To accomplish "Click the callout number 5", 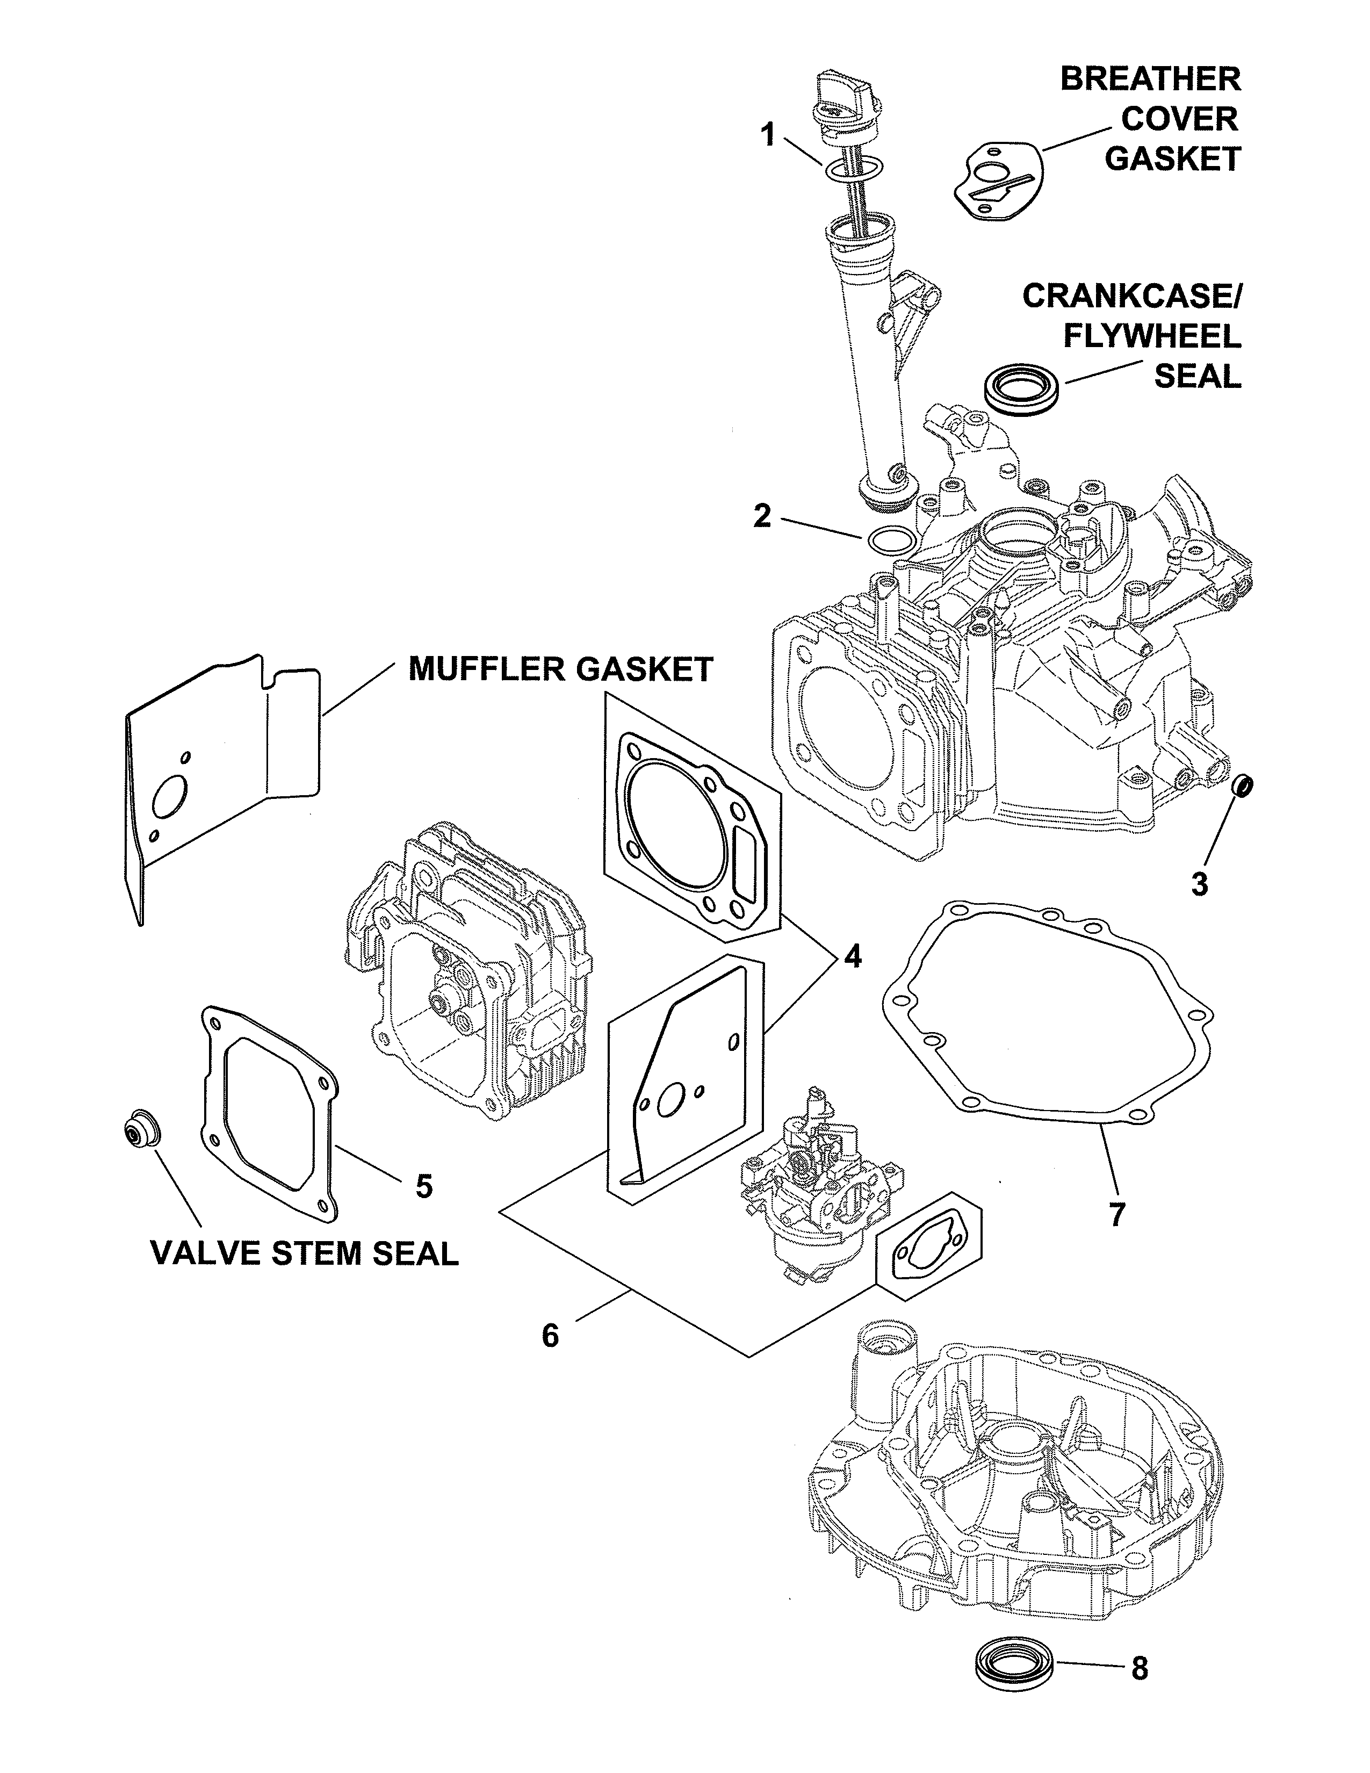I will (424, 1187).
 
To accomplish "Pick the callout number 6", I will (550, 1336).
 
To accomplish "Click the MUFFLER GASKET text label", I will (560, 670).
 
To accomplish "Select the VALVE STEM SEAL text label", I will (305, 1252).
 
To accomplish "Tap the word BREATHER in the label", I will (1151, 80).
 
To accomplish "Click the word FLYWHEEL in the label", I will (1152, 336).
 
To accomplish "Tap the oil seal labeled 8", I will (1014, 1660).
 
